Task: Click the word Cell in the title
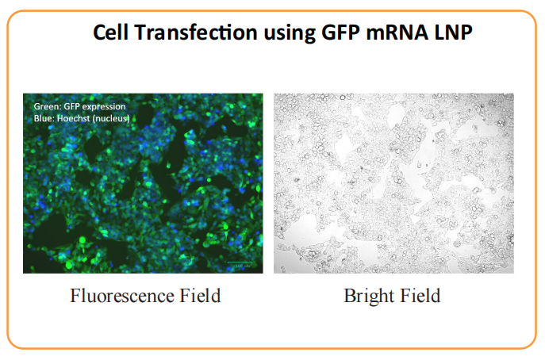click(x=110, y=33)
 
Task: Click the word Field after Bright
click(x=418, y=297)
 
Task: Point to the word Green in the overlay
click(x=46, y=106)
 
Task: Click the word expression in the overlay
click(x=105, y=106)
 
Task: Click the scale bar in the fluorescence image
click(x=243, y=264)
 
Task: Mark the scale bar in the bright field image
click(x=493, y=264)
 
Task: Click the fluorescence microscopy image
click(x=143, y=190)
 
